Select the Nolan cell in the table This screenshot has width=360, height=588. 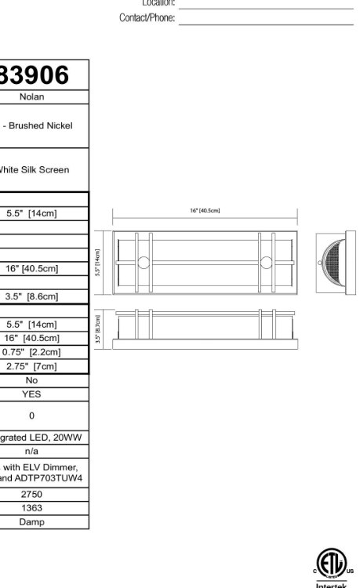[32, 97]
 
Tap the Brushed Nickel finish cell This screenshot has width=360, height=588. [42, 125]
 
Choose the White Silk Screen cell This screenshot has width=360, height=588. [35, 169]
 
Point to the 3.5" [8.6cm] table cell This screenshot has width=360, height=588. [32, 297]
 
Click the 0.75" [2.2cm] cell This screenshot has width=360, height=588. [32, 352]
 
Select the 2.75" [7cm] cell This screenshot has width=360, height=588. [32, 366]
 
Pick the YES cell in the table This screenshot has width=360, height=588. [32, 394]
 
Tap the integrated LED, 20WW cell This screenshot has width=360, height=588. [32, 437]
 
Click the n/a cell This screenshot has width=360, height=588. [32, 452]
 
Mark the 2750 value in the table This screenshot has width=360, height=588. [32, 494]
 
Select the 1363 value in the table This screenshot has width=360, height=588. [32, 508]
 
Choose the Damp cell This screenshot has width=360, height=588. [32, 521]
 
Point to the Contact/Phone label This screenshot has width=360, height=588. [147, 18]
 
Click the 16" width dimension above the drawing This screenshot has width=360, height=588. [205, 210]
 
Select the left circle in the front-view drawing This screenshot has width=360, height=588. [144, 263]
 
